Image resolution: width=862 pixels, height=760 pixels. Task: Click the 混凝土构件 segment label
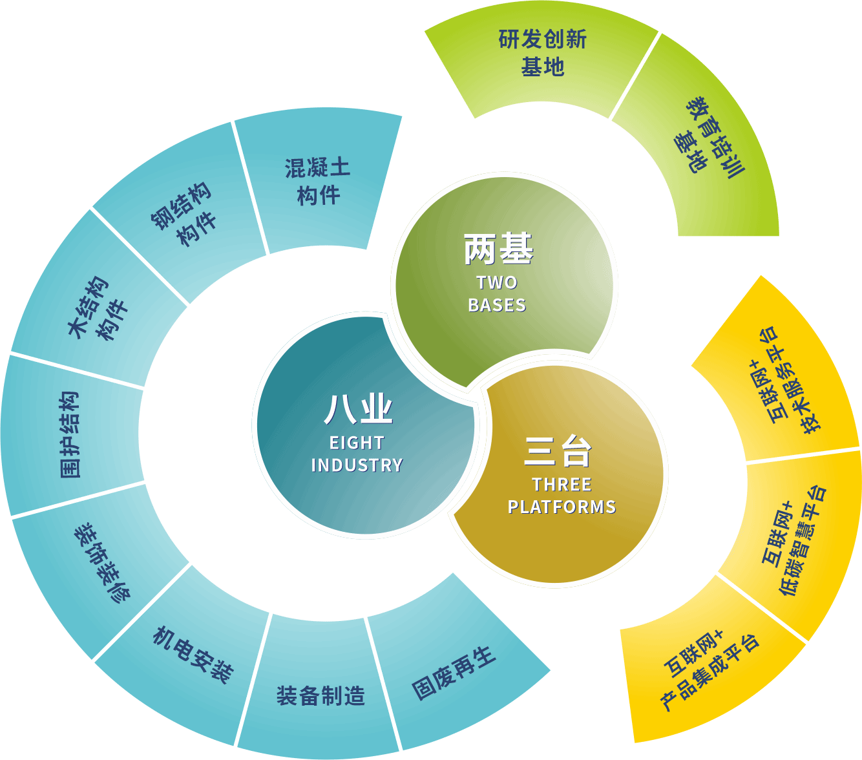(x=318, y=182)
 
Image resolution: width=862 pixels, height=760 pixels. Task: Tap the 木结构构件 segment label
(x=97, y=309)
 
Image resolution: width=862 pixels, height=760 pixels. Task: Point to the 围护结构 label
(x=69, y=434)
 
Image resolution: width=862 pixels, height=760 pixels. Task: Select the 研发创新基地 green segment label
(x=543, y=53)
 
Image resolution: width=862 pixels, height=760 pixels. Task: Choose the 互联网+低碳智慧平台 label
(x=794, y=540)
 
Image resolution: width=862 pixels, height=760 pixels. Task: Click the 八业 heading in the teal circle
(x=359, y=409)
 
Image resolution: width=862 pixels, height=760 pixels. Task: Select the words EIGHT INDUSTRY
(x=357, y=454)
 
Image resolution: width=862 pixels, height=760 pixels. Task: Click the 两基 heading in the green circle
(x=498, y=249)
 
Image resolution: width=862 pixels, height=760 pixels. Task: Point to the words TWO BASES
(x=497, y=293)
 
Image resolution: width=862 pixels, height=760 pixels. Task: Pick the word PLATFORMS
(x=562, y=507)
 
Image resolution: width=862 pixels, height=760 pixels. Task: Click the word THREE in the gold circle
(x=562, y=485)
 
